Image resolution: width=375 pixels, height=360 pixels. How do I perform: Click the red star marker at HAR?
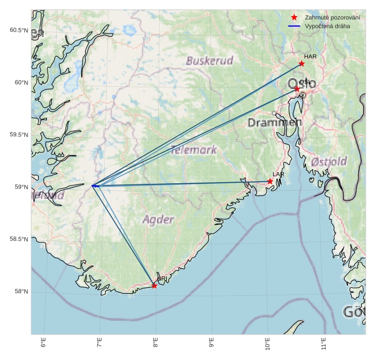coord(302,64)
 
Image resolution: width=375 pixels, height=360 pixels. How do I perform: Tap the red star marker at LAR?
coord(270,181)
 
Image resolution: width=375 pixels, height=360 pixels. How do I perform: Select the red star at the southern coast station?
coord(154,286)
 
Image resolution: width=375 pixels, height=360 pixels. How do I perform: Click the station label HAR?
coord(310,57)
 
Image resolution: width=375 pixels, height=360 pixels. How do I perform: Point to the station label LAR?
coord(278,175)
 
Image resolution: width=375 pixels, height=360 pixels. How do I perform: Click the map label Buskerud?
coord(209,61)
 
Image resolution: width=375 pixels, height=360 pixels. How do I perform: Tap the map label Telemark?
coord(193,150)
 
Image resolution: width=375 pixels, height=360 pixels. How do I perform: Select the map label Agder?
coord(159,219)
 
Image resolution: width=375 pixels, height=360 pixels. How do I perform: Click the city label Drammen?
coord(275,123)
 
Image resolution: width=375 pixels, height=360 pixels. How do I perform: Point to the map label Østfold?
coord(329,162)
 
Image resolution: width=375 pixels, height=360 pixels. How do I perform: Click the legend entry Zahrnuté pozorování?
coord(332,17)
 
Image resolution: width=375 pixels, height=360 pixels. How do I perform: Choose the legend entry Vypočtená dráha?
coord(327,26)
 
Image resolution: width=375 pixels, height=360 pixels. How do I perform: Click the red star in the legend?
coord(294,17)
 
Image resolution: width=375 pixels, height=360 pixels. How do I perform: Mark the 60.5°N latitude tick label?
coord(18,30)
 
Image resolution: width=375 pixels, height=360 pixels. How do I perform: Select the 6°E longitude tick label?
coord(44,343)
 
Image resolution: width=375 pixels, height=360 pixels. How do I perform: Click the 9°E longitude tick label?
coord(211,343)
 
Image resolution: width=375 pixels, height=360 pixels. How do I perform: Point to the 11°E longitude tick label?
coord(323,343)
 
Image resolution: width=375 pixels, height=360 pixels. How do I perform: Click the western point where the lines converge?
coord(93,186)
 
